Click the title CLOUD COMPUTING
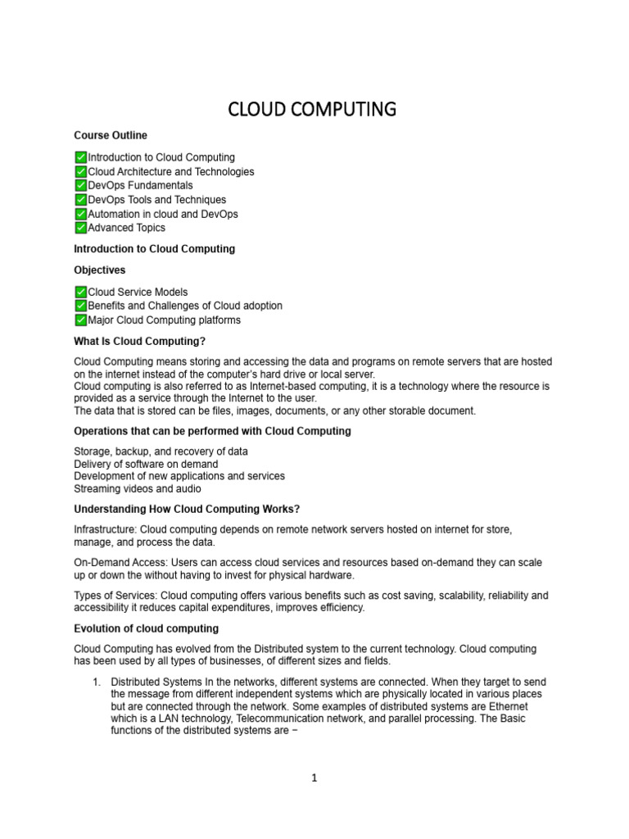coord(312,109)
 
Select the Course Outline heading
coord(111,135)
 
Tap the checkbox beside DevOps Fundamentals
coord(80,186)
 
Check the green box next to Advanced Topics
coord(80,228)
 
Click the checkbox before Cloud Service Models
coord(80,292)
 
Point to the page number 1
coord(314,778)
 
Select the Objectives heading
coord(100,270)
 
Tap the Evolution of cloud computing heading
coord(146,628)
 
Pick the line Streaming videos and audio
coord(138,488)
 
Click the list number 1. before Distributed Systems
coord(96,682)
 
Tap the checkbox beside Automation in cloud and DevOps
coord(80,214)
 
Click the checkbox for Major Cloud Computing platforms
coord(80,320)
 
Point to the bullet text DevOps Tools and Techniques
coord(156,200)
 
